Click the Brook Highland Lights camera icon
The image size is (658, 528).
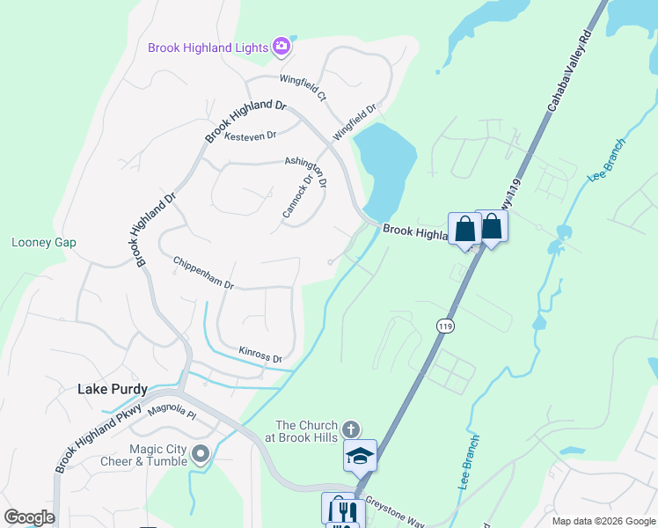pos(281,47)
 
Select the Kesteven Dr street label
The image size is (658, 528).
pos(250,136)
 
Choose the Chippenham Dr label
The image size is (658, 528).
pos(203,274)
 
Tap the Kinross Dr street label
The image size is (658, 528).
pos(260,356)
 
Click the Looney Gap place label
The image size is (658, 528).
pos(43,243)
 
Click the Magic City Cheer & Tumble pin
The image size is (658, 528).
pos(201,454)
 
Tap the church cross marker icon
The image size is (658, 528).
pos(350,429)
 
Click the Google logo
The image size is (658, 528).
pos(29,517)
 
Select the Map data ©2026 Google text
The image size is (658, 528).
pos(603,521)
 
